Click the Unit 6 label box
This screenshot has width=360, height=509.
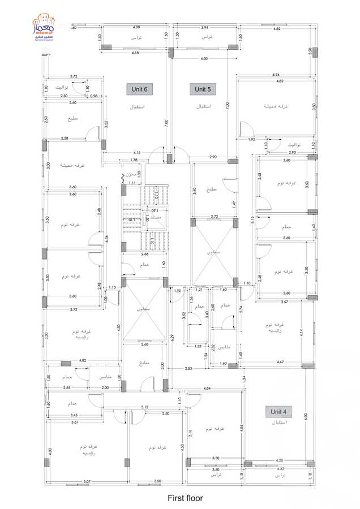[x=139, y=89]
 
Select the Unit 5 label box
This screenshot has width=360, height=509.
[x=203, y=89]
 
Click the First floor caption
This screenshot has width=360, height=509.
[x=185, y=498]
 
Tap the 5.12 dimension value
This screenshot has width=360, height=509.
[x=145, y=407]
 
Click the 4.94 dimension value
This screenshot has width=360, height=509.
[x=276, y=75]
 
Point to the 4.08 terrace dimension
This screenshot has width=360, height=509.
[x=136, y=27]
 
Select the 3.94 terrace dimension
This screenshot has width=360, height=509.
[x=204, y=27]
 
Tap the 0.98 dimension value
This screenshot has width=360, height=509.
[x=93, y=96]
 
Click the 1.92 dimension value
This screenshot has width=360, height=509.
[x=252, y=139]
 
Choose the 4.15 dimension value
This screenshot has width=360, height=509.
[x=137, y=153]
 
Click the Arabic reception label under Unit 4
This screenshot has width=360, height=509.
[x=280, y=422]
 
